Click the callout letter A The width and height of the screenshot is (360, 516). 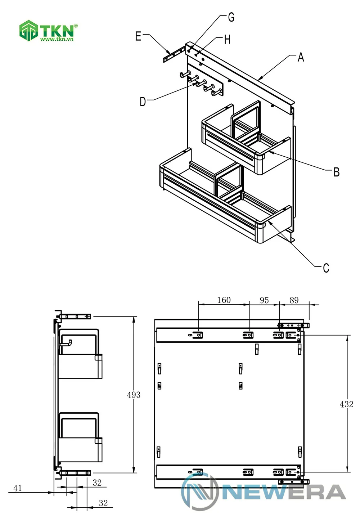click(301, 57)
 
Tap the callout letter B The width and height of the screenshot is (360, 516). click(336, 172)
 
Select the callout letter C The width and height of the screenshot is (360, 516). click(326, 268)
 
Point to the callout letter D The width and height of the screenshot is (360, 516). click(143, 102)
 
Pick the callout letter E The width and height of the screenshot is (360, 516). click(138, 36)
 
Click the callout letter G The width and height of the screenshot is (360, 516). click(231, 17)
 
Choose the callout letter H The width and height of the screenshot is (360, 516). click(227, 40)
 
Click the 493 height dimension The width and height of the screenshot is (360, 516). click(134, 395)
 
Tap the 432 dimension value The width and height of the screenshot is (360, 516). click(346, 404)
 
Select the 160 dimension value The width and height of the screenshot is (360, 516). click(224, 300)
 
